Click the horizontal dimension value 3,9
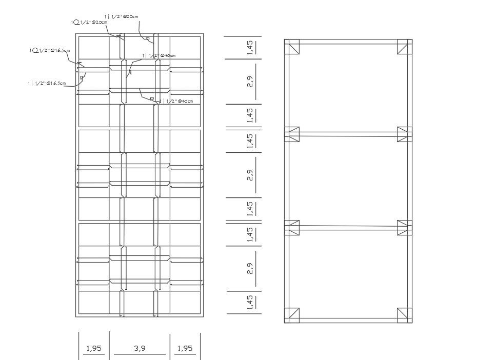[140, 349]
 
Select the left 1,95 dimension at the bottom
[94, 349]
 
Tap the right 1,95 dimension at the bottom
[184, 349]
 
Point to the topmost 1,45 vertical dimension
[250, 47]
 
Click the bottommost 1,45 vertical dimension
[250, 303]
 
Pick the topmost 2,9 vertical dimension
[250, 82]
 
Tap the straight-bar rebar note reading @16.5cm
[47, 83]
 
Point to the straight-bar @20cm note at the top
[121, 17]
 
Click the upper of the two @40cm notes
[159, 55]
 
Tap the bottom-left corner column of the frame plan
[292, 315]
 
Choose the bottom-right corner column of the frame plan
[404, 315]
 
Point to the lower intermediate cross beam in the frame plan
[348, 228]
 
